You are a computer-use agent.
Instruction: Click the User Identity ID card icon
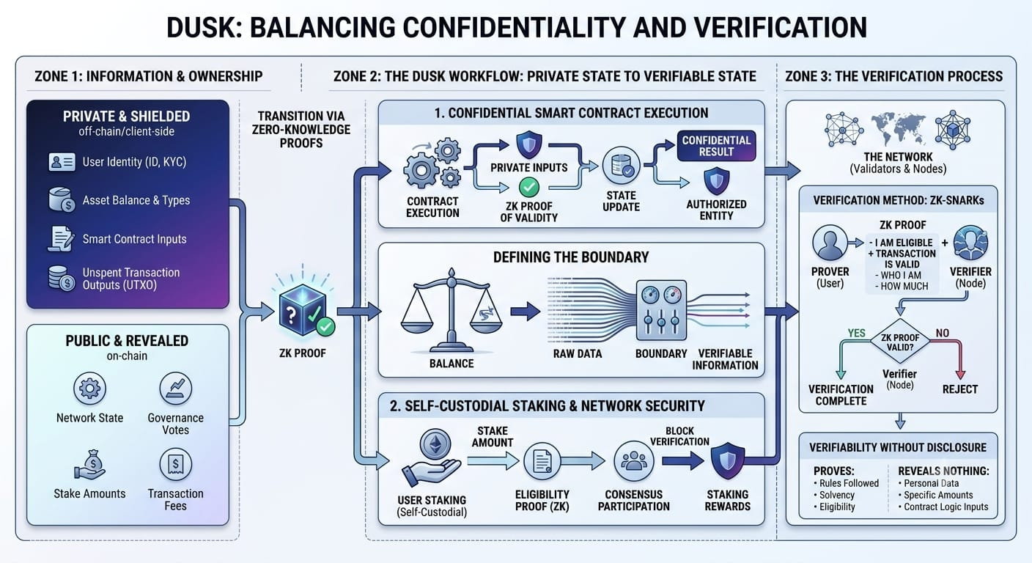point(62,162)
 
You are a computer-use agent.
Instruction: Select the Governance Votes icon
point(175,389)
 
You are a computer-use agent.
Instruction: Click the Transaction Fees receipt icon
point(175,464)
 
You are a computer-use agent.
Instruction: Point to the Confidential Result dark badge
point(716,146)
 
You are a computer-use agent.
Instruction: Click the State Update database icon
point(621,166)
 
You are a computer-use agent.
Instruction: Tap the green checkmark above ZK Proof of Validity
point(529,187)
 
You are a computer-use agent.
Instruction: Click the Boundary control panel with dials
point(661,309)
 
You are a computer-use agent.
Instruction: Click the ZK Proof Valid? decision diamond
point(900,342)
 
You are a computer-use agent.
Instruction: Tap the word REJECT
point(959,390)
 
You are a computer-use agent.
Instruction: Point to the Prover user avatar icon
point(830,243)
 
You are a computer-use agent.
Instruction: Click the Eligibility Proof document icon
point(542,461)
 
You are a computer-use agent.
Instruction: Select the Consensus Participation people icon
point(633,461)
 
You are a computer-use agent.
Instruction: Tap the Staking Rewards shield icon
point(728,460)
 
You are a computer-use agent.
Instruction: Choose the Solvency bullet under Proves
point(834,496)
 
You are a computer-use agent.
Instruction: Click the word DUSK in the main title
point(201,28)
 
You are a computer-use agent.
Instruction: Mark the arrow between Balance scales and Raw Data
point(526,312)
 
